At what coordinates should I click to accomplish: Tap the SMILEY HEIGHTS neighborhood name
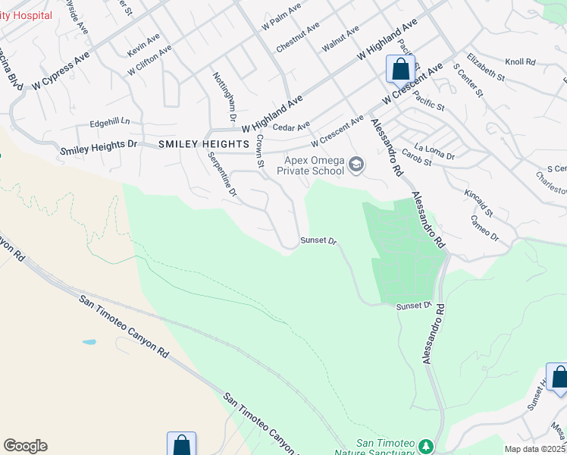[x=203, y=143]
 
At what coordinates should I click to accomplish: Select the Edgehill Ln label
[x=110, y=121]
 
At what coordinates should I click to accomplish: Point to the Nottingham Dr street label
[x=224, y=98]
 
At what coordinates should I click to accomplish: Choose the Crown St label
[x=259, y=152]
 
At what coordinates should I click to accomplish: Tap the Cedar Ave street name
[x=292, y=127]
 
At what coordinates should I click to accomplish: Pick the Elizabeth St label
[x=486, y=67]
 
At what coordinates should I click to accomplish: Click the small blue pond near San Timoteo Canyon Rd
[x=89, y=342]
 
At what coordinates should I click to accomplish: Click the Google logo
[x=25, y=446]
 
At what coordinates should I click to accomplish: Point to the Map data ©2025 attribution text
[x=534, y=449]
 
